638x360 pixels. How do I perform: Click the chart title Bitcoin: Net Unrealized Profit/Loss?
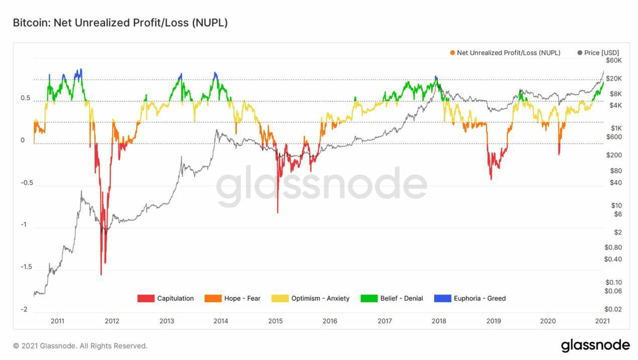(x=120, y=23)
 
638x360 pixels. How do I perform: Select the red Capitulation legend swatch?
(x=145, y=299)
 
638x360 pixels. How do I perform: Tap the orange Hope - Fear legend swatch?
(x=213, y=299)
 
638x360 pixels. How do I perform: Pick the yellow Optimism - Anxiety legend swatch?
(x=280, y=299)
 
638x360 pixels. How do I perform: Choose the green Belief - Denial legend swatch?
(x=369, y=299)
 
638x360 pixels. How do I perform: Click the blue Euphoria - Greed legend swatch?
(x=442, y=299)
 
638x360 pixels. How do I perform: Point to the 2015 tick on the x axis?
(x=275, y=321)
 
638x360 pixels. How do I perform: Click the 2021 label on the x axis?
(x=602, y=321)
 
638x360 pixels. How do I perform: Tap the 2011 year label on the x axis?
(x=57, y=321)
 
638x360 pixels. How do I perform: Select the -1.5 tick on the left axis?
(x=26, y=267)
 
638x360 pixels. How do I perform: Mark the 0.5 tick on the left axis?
(x=26, y=98)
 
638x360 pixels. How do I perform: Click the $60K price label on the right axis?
(x=614, y=60)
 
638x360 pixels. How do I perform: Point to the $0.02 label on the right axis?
(x=614, y=309)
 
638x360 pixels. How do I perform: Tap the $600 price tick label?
(x=614, y=137)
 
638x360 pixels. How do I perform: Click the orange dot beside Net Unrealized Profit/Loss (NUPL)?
(x=453, y=53)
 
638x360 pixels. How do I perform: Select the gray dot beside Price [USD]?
(x=580, y=53)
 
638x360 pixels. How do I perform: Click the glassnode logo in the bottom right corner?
(x=595, y=345)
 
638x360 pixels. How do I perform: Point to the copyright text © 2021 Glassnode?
(x=80, y=346)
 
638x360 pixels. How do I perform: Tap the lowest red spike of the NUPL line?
(x=101, y=274)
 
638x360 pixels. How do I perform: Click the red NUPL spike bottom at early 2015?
(x=278, y=212)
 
